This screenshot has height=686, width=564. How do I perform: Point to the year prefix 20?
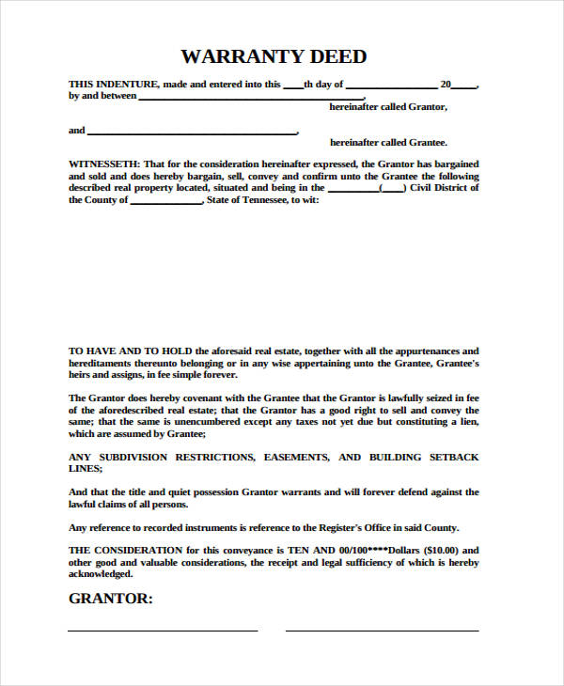tap(445, 85)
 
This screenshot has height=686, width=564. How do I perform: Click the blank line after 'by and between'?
tap(251, 97)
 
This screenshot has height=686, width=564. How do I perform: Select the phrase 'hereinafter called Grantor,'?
tap(388, 108)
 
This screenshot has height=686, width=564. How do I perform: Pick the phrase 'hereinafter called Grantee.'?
tap(388, 143)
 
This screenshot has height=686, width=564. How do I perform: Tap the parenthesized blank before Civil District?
tap(392, 188)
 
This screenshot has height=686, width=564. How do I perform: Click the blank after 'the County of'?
tap(165, 201)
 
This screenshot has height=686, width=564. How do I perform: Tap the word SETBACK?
tap(455, 457)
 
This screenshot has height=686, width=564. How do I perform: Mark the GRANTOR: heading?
tap(111, 599)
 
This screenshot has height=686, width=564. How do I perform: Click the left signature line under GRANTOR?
tap(163, 630)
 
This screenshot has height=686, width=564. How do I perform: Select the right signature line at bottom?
tap(382, 630)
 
